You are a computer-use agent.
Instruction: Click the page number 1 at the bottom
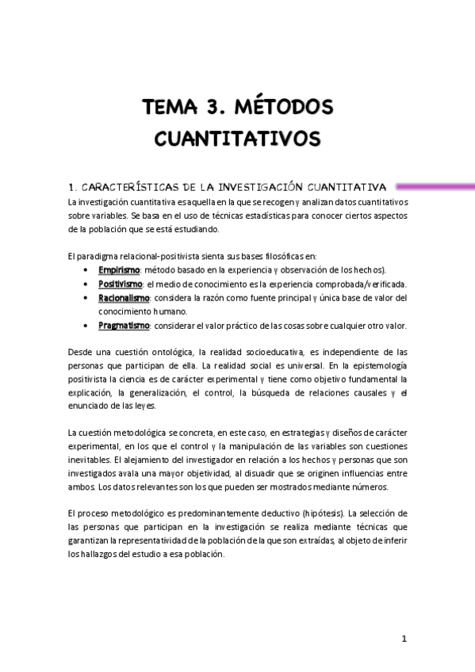[404, 638]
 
